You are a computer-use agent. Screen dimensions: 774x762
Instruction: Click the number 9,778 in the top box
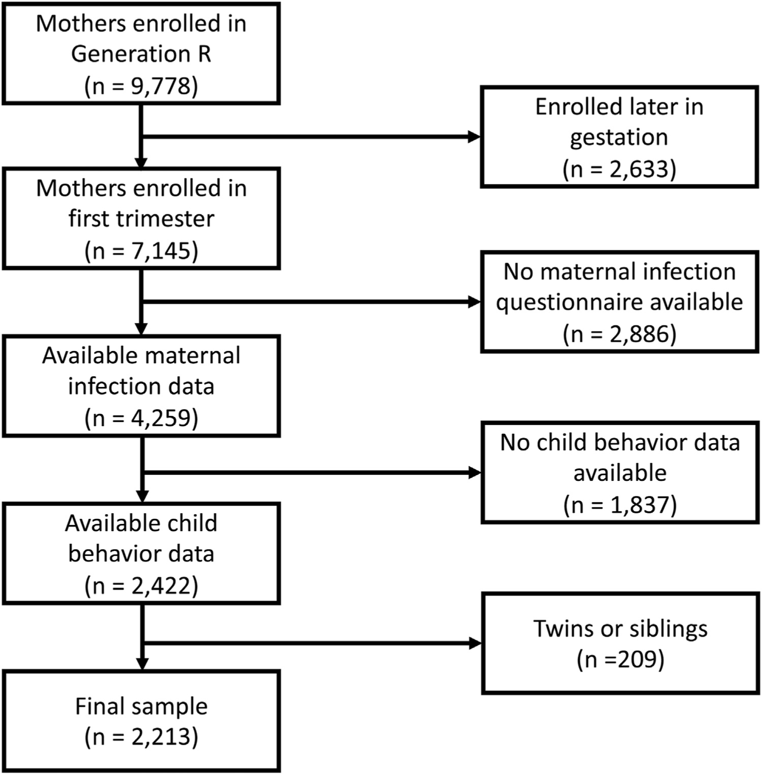point(160,86)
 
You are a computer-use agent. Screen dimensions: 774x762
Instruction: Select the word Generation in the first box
point(130,55)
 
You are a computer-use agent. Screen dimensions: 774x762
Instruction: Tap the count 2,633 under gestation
point(639,169)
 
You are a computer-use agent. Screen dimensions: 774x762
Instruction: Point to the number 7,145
point(161,251)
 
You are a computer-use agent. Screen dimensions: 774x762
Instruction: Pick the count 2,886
point(639,334)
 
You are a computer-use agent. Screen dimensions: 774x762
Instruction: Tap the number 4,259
point(160,418)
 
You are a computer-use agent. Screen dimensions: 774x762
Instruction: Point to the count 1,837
point(639,505)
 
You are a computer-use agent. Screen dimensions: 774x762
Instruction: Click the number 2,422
point(160,586)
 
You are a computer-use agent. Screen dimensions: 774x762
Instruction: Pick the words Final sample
point(141,706)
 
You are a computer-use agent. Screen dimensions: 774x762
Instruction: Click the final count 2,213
point(160,737)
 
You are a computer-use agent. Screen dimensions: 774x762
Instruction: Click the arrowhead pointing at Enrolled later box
point(474,137)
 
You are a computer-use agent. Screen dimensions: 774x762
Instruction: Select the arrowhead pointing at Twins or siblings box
point(475,643)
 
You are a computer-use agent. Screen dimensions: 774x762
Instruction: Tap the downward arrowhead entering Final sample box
point(142,663)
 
